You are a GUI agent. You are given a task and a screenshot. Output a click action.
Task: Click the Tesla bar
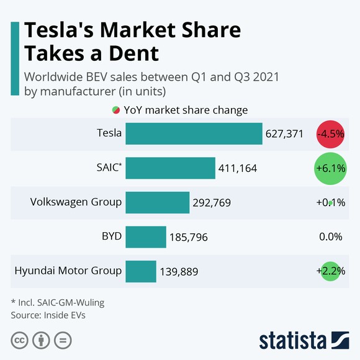(x=194, y=133)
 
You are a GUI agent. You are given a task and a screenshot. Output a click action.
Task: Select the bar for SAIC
(x=170, y=168)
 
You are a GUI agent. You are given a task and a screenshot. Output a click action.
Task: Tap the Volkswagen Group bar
(x=157, y=202)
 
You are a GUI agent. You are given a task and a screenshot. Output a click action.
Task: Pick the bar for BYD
(x=146, y=236)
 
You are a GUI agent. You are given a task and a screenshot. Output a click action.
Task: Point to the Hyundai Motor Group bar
(x=140, y=271)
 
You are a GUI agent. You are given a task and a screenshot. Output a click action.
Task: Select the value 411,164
(x=237, y=168)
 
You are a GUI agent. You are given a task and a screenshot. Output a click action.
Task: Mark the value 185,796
(x=189, y=237)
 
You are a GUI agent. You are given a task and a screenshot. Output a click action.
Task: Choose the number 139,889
(x=178, y=271)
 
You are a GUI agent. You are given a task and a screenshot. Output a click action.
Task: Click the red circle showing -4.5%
(x=330, y=133)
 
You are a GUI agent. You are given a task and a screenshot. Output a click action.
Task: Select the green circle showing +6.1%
(x=330, y=168)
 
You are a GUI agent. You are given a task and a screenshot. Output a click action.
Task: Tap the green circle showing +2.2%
(x=330, y=271)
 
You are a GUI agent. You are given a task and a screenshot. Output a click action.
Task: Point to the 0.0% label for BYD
(x=330, y=236)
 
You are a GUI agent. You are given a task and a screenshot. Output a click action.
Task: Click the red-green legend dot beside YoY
(x=115, y=110)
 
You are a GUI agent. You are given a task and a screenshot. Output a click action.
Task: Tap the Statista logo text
(x=292, y=340)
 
